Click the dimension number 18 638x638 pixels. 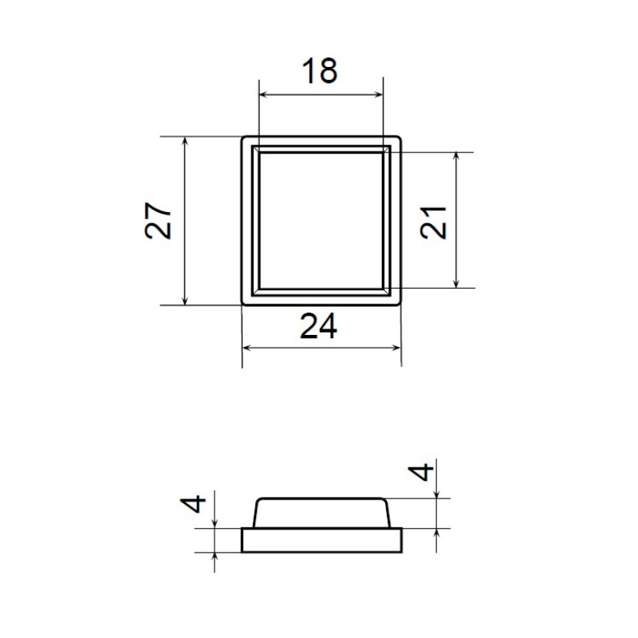[x=320, y=71]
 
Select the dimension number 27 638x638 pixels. [x=158, y=220]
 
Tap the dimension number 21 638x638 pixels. [x=433, y=223]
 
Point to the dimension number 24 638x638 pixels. [x=318, y=326]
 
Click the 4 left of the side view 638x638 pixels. [x=193, y=503]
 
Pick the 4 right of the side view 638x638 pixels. [x=421, y=472]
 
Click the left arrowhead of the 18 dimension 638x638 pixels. [x=264, y=95]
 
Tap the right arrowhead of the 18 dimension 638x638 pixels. [x=378, y=95]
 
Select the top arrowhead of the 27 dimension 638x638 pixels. [x=185, y=142]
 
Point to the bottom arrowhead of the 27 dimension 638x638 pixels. [x=185, y=301]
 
